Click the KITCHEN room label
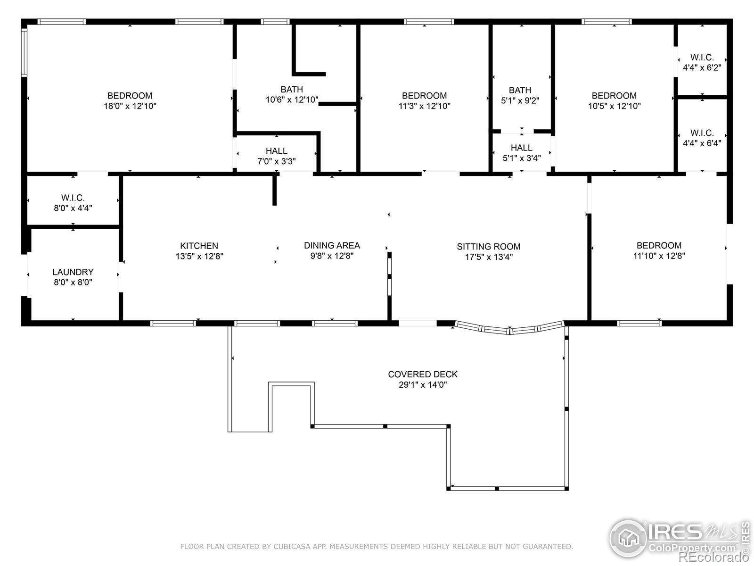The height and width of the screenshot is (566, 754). [199, 246]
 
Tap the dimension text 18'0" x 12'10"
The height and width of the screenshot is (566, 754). [130, 106]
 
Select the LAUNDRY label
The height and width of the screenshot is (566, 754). [73, 272]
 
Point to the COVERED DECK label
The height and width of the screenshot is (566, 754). [423, 374]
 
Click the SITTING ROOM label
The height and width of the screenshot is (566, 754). [488, 246]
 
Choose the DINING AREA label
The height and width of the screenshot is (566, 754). [332, 245]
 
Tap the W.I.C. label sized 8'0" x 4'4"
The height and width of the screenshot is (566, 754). [73, 198]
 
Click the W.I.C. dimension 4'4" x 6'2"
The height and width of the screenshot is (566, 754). [702, 67]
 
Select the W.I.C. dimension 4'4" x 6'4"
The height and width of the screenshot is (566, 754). [702, 143]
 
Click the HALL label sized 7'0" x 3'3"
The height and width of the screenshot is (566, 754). [276, 151]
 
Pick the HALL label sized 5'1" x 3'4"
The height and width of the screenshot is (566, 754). [521, 148]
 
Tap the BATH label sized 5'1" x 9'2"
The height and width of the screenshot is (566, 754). [520, 90]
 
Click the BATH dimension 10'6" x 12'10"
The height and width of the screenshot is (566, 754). [292, 100]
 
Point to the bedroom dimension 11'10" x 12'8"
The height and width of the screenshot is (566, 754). [659, 256]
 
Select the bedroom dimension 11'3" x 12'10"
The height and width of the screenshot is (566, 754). [424, 106]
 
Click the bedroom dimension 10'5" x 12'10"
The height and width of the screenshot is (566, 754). [614, 106]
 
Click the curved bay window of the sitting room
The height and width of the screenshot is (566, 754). [509, 328]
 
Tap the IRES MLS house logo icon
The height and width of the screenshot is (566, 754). [628, 538]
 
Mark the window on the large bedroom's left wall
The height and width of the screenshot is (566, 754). [24, 52]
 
